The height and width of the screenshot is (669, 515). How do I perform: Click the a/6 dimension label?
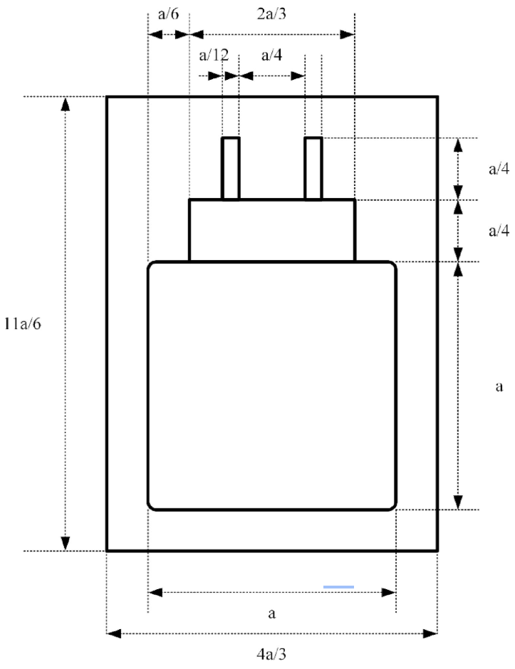pyautogui.click(x=169, y=14)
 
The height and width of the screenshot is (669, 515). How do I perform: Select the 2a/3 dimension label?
pyautogui.click(x=271, y=14)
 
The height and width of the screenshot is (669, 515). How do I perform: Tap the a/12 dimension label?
pyautogui.click(x=214, y=55)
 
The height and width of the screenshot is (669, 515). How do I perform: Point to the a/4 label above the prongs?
pyautogui.click(x=272, y=55)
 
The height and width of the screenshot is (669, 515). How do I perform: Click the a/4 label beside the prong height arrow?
pyautogui.click(x=499, y=169)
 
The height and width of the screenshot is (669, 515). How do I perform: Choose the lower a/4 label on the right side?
pyautogui.click(x=499, y=231)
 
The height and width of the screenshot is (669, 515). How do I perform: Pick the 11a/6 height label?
pyautogui.click(x=23, y=324)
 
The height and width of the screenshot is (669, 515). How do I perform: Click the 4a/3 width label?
pyautogui.click(x=271, y=653)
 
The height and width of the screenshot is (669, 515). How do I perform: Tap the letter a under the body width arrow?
pyautogui.click(x=272, y=614)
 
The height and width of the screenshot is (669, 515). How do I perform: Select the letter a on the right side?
pyautogui.click(x=499, y=387)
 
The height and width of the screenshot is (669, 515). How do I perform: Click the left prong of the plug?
pyautogui.click(x=230, y=168)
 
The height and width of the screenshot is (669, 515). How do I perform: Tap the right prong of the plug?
pyautogui.click(x=313, y=168)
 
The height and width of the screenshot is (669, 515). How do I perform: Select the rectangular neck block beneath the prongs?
pyautogui.click(x=272, y=230)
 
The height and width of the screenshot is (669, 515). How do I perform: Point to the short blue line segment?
pyautogui.click(x=338, y=587)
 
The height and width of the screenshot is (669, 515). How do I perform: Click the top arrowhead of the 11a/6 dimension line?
pyautogui.click(x=66, y=104)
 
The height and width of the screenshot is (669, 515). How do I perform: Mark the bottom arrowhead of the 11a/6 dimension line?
pyautogui.click(x=66, y=543)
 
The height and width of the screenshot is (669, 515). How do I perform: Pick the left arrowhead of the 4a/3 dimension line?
pyautogui.click(x=113, y=633)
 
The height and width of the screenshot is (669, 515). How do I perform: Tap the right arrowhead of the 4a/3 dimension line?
pyautogui.click(x=430, y=633)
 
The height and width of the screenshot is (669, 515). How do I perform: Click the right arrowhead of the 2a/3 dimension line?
pyautogui.click(x=348, y=35)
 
